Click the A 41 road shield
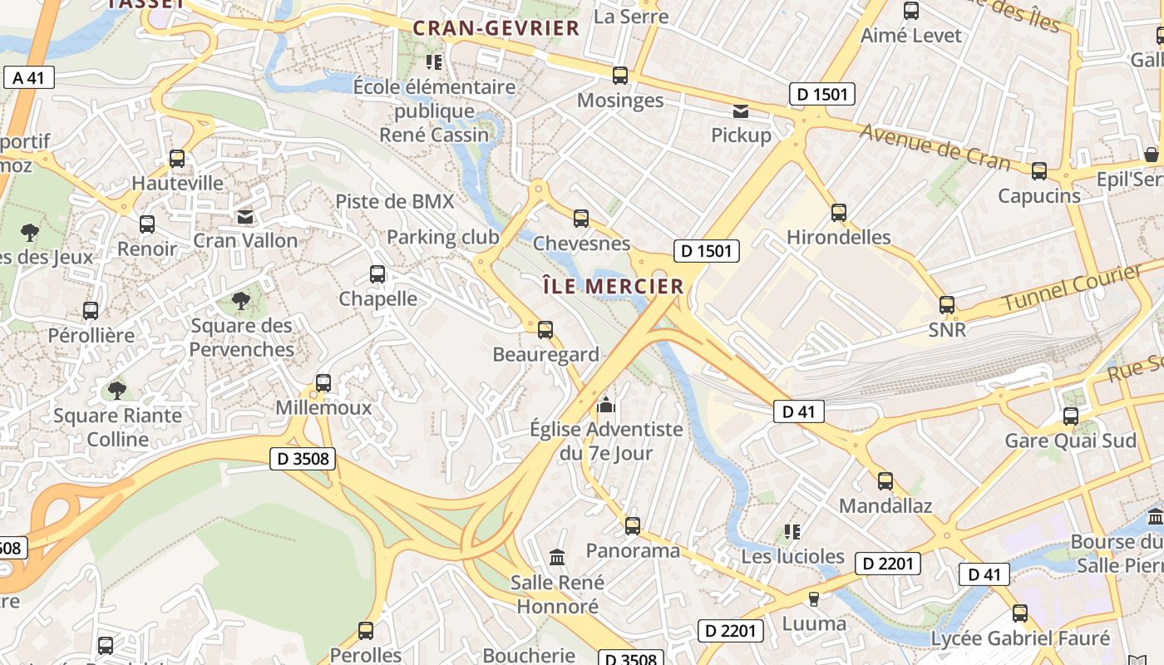(29, 78)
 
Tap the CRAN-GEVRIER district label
(496, 28)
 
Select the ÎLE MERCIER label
(613, 286)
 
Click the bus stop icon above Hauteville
(177, 158)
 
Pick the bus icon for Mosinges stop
(620, 76)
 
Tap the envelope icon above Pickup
(740, 111)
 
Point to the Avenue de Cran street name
(935, 146)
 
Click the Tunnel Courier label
(1073, 288)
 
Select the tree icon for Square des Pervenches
(241, 300)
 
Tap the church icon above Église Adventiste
(607, 406)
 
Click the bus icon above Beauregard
(545, 330)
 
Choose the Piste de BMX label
(395, 201)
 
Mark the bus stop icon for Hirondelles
(839, 213)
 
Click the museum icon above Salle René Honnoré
(557, 557)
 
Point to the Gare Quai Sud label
(1071, 441)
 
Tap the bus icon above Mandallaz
(885, 481)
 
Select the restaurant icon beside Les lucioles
(792, 531)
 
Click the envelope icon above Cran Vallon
(245, 217)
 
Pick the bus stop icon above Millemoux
(323, 383)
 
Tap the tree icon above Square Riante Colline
(117, 390)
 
